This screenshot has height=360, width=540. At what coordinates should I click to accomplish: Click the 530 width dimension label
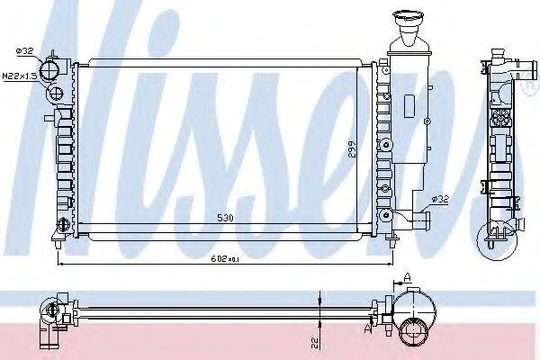coord(226,219)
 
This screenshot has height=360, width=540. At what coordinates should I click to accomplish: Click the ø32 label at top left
coord(25,50)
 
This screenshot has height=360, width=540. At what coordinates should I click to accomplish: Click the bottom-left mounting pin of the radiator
coord(58,241)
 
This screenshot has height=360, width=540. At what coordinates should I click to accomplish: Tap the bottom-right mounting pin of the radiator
coord(392,240)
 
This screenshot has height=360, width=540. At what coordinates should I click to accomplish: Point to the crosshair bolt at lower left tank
coord(61,224)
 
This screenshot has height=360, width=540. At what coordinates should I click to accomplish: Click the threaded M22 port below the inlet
coord(56,93)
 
